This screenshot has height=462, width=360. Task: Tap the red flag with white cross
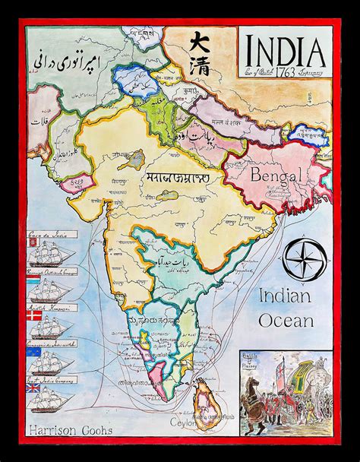tap(33, 315)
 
